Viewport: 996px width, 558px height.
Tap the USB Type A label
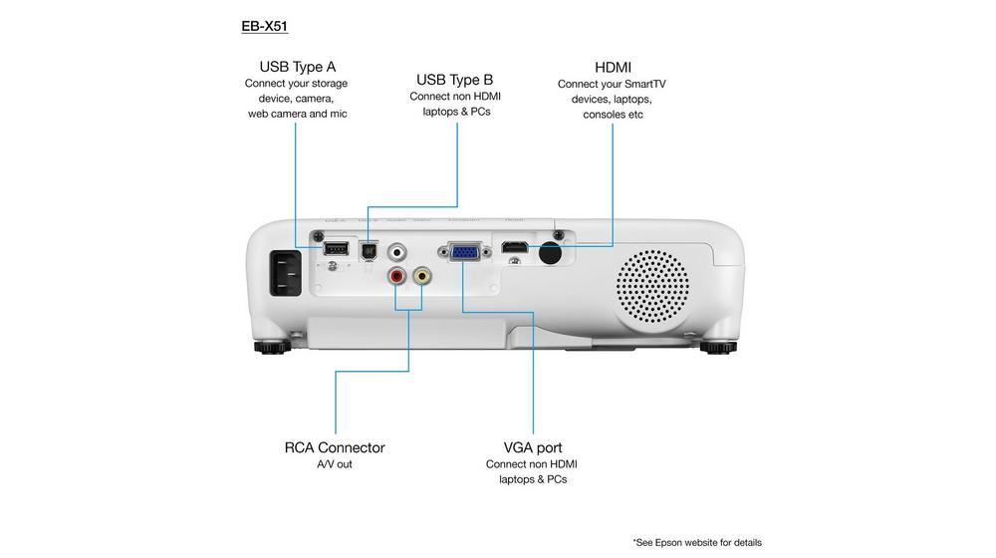point(297,67)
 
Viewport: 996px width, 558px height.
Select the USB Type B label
point(454,79)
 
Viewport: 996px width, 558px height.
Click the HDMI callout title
point(613,67)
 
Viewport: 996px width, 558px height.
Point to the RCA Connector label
point(335,447)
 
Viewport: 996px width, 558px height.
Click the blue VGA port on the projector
point(464,252)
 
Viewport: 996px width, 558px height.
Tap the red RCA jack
point(397,276)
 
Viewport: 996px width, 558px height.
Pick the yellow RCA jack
point(423,276)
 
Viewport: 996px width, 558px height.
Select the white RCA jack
point(398,251)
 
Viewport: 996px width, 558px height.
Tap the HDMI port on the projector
point(513,247)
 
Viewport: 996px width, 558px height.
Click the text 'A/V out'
point(335,464)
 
